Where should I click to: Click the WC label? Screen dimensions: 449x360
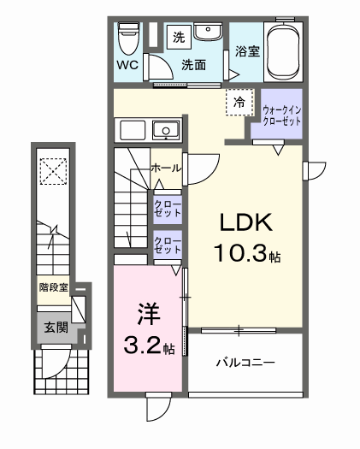pos(127,64)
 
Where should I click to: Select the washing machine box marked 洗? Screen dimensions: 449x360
pos(179,37)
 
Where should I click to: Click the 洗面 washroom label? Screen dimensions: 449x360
pos(194,65)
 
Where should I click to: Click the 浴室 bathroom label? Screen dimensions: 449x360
pos(247,51)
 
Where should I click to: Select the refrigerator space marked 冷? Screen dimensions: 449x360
pos(239,102)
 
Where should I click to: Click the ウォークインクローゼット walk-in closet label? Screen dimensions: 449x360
pos(281,115)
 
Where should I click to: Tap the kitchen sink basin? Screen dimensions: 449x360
pos(164,131)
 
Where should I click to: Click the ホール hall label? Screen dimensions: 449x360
pos(165,168)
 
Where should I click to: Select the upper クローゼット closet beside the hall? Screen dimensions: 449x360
pos(166,208)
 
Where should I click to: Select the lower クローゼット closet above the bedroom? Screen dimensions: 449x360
pos(166,246)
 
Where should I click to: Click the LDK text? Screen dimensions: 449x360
pos(246,224)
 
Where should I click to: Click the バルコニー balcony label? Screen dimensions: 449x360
pos(245,363)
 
